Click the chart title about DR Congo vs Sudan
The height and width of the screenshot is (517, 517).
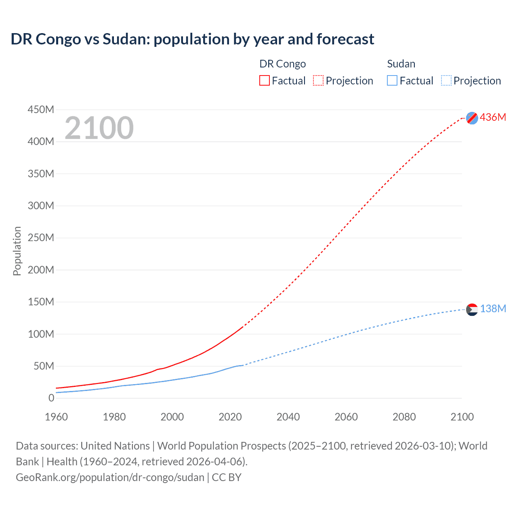click(x=192, y=39)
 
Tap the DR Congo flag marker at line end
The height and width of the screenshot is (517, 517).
click(x=472, y=118)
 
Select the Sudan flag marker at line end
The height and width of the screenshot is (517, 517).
click(x=472, y=310)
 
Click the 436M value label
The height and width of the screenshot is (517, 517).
click(x=493, y=118)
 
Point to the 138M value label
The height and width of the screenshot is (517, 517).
click(x=493, y=309)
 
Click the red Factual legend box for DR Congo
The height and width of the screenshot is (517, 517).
click(x=265, y=80)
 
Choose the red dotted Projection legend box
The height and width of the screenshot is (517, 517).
click(x=318, y=80)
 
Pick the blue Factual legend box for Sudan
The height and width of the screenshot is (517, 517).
click(x=392, y=80)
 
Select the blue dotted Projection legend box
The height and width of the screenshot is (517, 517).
click(x=446, y=80)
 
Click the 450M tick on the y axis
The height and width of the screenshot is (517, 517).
click(x=41, y=110)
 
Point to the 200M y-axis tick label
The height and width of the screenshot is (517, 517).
click(x=41, y=270)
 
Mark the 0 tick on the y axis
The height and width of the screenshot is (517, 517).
click(x=51, y=398)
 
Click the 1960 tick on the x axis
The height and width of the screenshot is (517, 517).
click(x=57, y=417)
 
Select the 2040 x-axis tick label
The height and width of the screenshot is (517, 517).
click(x=288, y=417)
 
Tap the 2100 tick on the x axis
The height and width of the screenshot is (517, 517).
click(x=462, y=417)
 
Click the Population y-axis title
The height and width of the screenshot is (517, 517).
click(x=17, y=251)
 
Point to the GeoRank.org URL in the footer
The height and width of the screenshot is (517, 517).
click(x=110, y=477)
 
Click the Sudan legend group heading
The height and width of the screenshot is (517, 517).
click(x=401, y=64)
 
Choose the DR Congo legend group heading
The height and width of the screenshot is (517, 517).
click(x=282, y=64)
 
